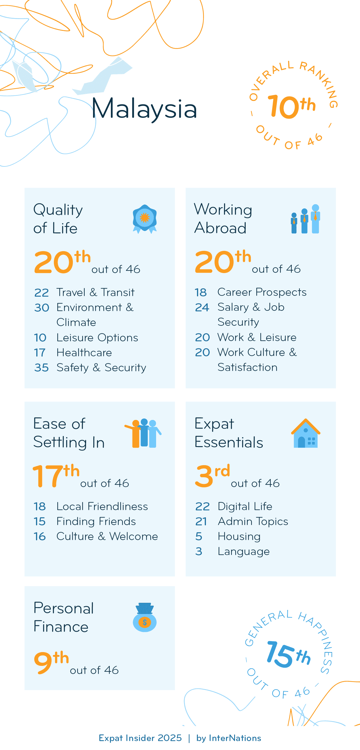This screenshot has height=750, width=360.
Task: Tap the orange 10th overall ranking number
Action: [x=291, y=107]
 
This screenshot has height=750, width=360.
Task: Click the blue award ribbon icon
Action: [x=145, y=219]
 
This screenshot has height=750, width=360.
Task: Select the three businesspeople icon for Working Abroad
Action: [x=305, y=219]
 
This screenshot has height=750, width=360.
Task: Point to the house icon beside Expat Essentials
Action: [x=305, y=433]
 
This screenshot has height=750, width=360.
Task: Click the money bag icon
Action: [x=145, y=617]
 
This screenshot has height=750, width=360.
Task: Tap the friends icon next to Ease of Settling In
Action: [x=143, y=433]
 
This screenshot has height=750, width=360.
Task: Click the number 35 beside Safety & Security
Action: [x=41, y=368]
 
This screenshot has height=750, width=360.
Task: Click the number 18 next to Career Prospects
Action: [x=201, y=292]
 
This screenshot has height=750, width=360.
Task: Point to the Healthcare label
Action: [x=84, y=353]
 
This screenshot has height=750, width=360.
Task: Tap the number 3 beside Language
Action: [x=199, y=552]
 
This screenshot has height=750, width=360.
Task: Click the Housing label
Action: [x=239, y=536]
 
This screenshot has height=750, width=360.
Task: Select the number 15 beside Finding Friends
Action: [x=40, y=521]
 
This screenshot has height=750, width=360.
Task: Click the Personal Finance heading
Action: [x=63, y=617]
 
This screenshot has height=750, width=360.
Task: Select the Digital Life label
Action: [x=245, y=507]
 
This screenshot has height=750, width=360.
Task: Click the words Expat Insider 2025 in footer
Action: [x=140, y=738]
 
